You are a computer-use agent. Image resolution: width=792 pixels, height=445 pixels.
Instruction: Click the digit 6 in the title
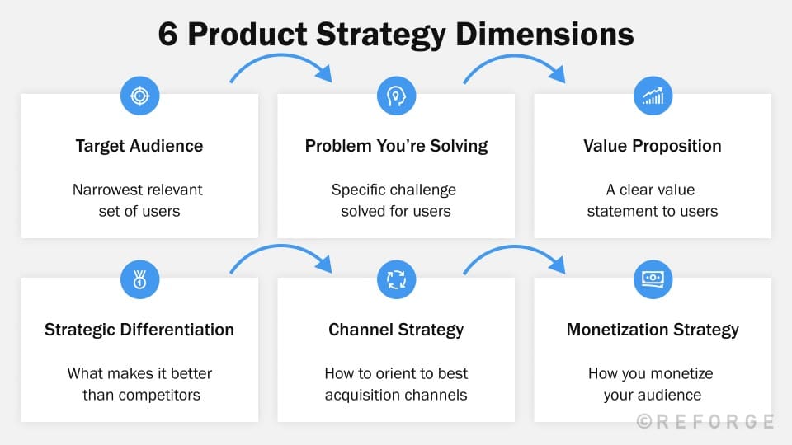point(168,35)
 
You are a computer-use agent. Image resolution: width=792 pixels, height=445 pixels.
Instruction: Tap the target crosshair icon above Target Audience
point(139,96)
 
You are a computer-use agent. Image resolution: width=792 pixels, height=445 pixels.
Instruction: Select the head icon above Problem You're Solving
point(395,96)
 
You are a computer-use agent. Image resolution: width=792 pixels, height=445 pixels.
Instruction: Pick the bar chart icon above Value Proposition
point(653,96)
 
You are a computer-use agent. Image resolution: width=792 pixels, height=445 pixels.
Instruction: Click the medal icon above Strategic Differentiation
point(139,279)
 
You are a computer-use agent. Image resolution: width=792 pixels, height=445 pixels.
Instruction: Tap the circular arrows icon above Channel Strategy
point(395,279)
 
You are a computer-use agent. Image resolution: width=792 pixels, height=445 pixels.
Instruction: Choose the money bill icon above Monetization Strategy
point(653,279)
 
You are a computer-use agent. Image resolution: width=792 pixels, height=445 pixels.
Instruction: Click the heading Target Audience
point(139,146)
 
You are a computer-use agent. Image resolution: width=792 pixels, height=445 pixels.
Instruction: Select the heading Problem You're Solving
point(396,146)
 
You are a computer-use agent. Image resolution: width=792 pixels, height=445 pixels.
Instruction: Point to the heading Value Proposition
point(653,146)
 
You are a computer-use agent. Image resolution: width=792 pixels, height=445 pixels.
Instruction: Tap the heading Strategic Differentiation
point(139,330)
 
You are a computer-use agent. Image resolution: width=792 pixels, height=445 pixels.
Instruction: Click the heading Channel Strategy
point(396,330)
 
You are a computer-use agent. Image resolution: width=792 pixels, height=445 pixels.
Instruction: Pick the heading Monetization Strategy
point(653,330)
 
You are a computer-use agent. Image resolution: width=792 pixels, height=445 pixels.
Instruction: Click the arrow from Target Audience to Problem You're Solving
point(280,61)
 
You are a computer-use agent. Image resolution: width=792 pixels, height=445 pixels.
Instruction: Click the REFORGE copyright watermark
point(705,421)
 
